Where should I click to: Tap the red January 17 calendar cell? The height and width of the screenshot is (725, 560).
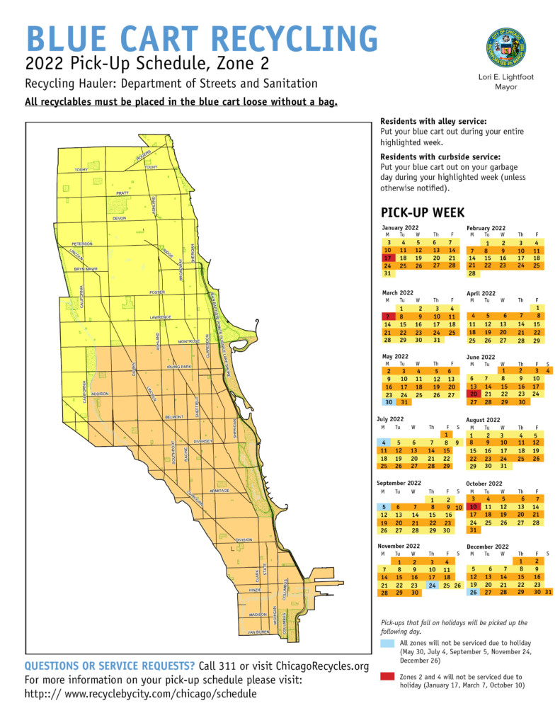click(387, 258)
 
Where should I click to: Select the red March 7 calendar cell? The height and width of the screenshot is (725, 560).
click(387, 316)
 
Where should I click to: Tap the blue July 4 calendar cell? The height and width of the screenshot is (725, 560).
click(383, 442)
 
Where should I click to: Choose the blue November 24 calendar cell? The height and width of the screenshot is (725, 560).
click(433, 586)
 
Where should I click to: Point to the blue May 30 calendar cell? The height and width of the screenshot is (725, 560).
click(387, 402)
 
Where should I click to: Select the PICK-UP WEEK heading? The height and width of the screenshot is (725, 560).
click(422, 212)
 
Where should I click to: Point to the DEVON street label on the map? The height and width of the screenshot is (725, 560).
click(119, 219)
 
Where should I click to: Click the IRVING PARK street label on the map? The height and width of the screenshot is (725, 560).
click(179, 367)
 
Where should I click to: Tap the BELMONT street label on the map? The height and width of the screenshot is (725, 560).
click(173, 417)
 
